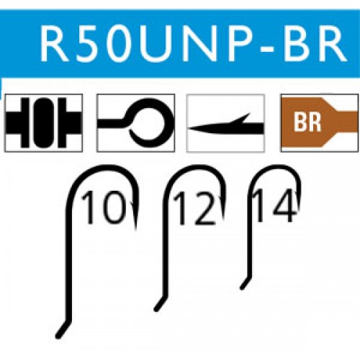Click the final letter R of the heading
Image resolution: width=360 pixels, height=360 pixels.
(x=331, y=43)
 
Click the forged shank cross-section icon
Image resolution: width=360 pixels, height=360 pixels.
(x=44, y=123)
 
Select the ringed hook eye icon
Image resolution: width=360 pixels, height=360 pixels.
(x=135, y=123)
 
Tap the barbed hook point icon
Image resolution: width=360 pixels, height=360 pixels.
(x=225, y=123)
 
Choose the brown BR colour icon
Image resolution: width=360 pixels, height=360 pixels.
(x=320, y=123)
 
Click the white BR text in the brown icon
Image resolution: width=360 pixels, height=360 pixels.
(x=307, y=122)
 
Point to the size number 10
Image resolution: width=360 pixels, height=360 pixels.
(x=103, y=207)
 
